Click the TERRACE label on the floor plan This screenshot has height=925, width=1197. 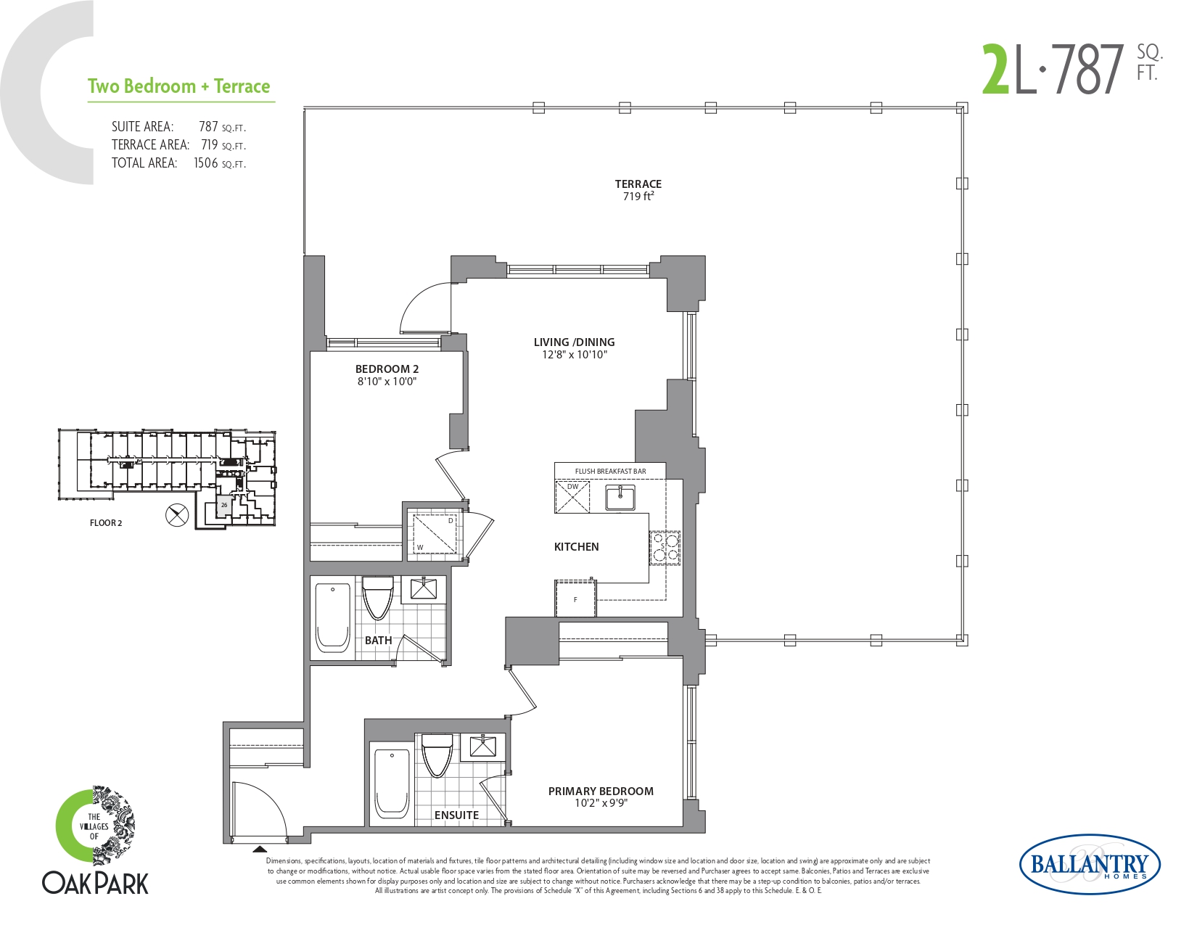coord(638,184)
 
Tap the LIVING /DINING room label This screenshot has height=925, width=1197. coord(574,342)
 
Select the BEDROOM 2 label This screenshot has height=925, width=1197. coord(387,369)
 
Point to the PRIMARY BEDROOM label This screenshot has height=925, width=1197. coord(601,791)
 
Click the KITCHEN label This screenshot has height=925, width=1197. coord(576,546)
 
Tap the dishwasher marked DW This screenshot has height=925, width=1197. coord(572,496)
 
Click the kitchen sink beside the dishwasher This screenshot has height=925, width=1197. coord(620,497)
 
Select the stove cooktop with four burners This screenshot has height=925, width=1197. coord(665,548)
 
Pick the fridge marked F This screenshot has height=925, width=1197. coord(575,598)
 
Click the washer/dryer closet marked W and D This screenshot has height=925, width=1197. coord(435,533)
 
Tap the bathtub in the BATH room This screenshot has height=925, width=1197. coord(333,618)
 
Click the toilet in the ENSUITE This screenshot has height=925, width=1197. coord(437,754)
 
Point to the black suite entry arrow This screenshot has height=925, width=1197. coord(260,849)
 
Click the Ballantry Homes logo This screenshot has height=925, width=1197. coord(1090,865)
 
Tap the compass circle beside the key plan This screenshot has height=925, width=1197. coord(177,516)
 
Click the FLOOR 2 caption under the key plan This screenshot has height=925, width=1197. coord(106,523)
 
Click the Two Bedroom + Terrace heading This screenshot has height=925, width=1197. coord(179,86)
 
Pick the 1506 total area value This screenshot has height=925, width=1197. coord(205,163)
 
